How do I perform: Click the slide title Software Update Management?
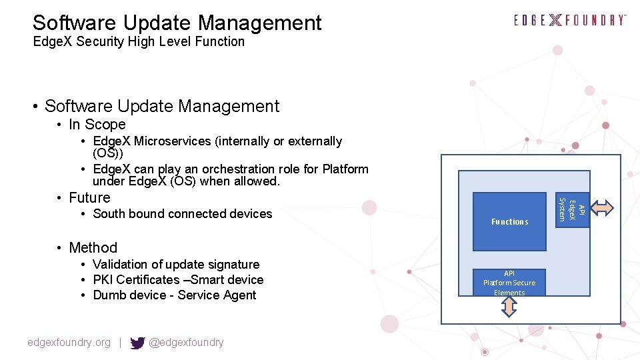coord(177,23)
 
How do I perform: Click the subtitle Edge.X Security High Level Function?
coord(139,42)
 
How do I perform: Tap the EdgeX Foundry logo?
coord(570,20)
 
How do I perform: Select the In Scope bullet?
coord(97,125)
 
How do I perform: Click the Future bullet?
coord(89,198)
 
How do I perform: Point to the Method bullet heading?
coord(93,248)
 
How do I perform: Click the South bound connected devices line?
coord(182,214)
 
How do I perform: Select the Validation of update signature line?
coord(176,265)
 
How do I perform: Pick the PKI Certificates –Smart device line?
coord(178,280)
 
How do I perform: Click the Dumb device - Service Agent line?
coord(174,295)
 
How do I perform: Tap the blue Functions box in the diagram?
coord(509,221)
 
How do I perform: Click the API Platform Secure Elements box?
coord(509,283)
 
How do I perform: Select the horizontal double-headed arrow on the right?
coord(602,208)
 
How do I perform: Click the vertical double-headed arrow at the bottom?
coord(509,306)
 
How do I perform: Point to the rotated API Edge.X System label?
coord(571,209)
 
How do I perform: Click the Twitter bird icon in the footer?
coord(137,343)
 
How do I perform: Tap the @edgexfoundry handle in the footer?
coord(186,343)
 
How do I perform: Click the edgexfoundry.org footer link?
coord(69,343)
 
